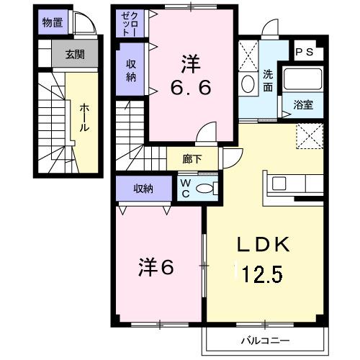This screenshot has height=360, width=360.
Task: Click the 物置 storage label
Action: (x=52, y=22)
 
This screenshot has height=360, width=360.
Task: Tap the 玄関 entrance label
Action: (x=74, y=54)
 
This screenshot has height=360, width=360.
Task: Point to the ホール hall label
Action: (x=84, y=117)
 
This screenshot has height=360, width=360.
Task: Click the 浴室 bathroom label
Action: (x=302, y=105)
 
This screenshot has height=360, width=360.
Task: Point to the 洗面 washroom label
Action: (x=267, y=80)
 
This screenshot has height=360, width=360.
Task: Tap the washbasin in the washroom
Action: (x=248, y=84)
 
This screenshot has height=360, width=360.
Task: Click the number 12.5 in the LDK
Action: (x=264, y=273)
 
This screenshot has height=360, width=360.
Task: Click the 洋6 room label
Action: (x=156, y=268)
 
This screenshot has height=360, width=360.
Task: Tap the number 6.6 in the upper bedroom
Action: (x=190, y=88)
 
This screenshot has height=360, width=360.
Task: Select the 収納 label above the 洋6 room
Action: (x=143, y=189)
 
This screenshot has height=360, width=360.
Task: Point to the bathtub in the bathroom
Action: (x=302, y=79)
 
